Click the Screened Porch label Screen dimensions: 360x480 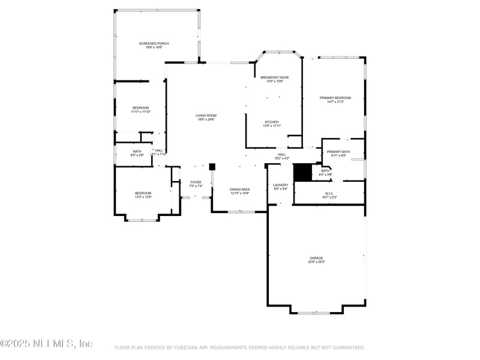154,44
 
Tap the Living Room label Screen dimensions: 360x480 206,115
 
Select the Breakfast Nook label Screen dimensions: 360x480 274,77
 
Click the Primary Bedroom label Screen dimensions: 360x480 335,98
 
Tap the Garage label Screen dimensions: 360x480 316,258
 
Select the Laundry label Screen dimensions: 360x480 280,185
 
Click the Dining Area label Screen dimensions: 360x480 240,189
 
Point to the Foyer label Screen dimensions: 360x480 196,182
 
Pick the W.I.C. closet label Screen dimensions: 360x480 329,193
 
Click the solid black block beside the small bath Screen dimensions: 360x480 302,172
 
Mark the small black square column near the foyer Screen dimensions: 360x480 212,166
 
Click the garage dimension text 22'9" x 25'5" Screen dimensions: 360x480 316,262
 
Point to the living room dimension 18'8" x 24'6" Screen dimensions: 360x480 206,119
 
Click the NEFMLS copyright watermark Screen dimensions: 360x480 46,343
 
